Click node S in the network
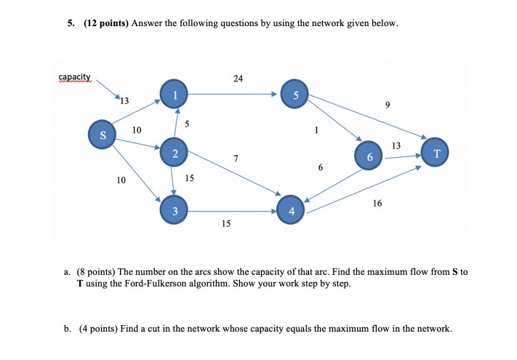point(103,135)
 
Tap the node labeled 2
point(175,153)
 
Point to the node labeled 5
point(295,96)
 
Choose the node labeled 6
point(369,156)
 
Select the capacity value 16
point(377,204)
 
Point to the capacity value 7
point(236,158)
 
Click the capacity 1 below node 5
point(316,131)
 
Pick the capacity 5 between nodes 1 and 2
point(187,124)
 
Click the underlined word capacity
point(74,76)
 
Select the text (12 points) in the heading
point(106,23)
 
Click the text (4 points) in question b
point(98,328)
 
